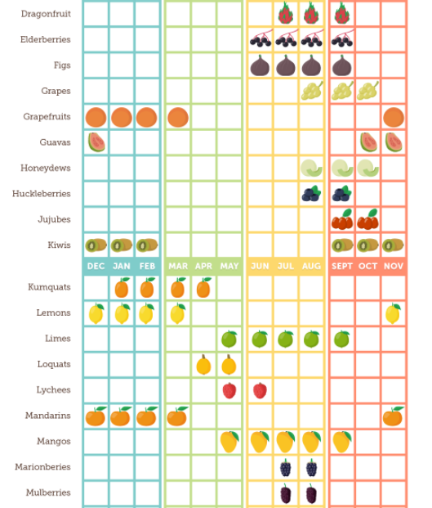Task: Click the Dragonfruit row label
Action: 46,14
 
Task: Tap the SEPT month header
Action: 342,267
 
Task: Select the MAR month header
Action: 178,267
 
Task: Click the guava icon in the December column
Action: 96,142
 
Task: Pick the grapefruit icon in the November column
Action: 394,117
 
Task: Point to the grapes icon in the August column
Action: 312,90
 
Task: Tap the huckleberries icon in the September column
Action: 341,193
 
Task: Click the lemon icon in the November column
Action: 393,313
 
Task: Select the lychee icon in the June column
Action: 260,390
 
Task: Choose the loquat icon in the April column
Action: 203,365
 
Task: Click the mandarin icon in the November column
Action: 393,416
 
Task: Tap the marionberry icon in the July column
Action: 285,468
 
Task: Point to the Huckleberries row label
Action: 42,194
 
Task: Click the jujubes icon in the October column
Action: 367,219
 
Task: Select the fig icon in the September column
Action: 341,65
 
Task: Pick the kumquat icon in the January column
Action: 122,287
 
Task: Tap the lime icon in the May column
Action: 229,339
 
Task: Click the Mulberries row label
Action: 48,492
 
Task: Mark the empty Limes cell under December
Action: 96,339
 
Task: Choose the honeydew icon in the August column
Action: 312,168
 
